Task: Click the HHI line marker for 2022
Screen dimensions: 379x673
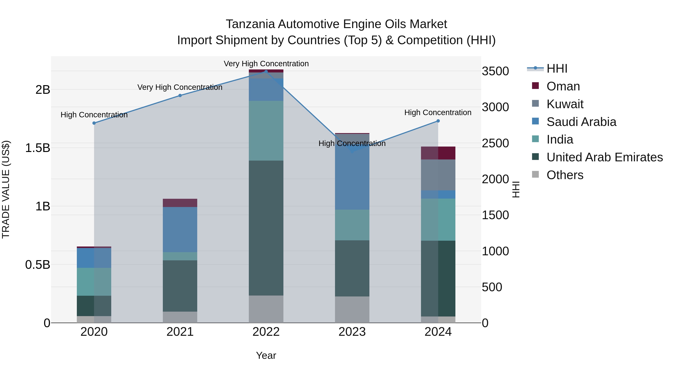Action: (266, 71)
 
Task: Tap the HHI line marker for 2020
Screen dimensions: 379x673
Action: (94, 123)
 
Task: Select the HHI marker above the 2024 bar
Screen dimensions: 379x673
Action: (438, 121)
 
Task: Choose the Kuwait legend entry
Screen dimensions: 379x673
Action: (565, 104)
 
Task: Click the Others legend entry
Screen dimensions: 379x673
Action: (565, 175)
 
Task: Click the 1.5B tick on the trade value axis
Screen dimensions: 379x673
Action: (37, 148)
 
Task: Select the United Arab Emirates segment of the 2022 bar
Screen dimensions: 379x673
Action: (266, 228)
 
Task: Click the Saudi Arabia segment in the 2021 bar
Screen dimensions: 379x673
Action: (180, 229)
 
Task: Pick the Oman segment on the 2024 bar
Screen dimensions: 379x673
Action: (438, 153)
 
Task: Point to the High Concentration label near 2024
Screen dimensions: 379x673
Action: (438, 112)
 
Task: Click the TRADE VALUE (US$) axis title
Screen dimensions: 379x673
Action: (6, 189)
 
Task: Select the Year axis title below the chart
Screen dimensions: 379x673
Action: (266, 355)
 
